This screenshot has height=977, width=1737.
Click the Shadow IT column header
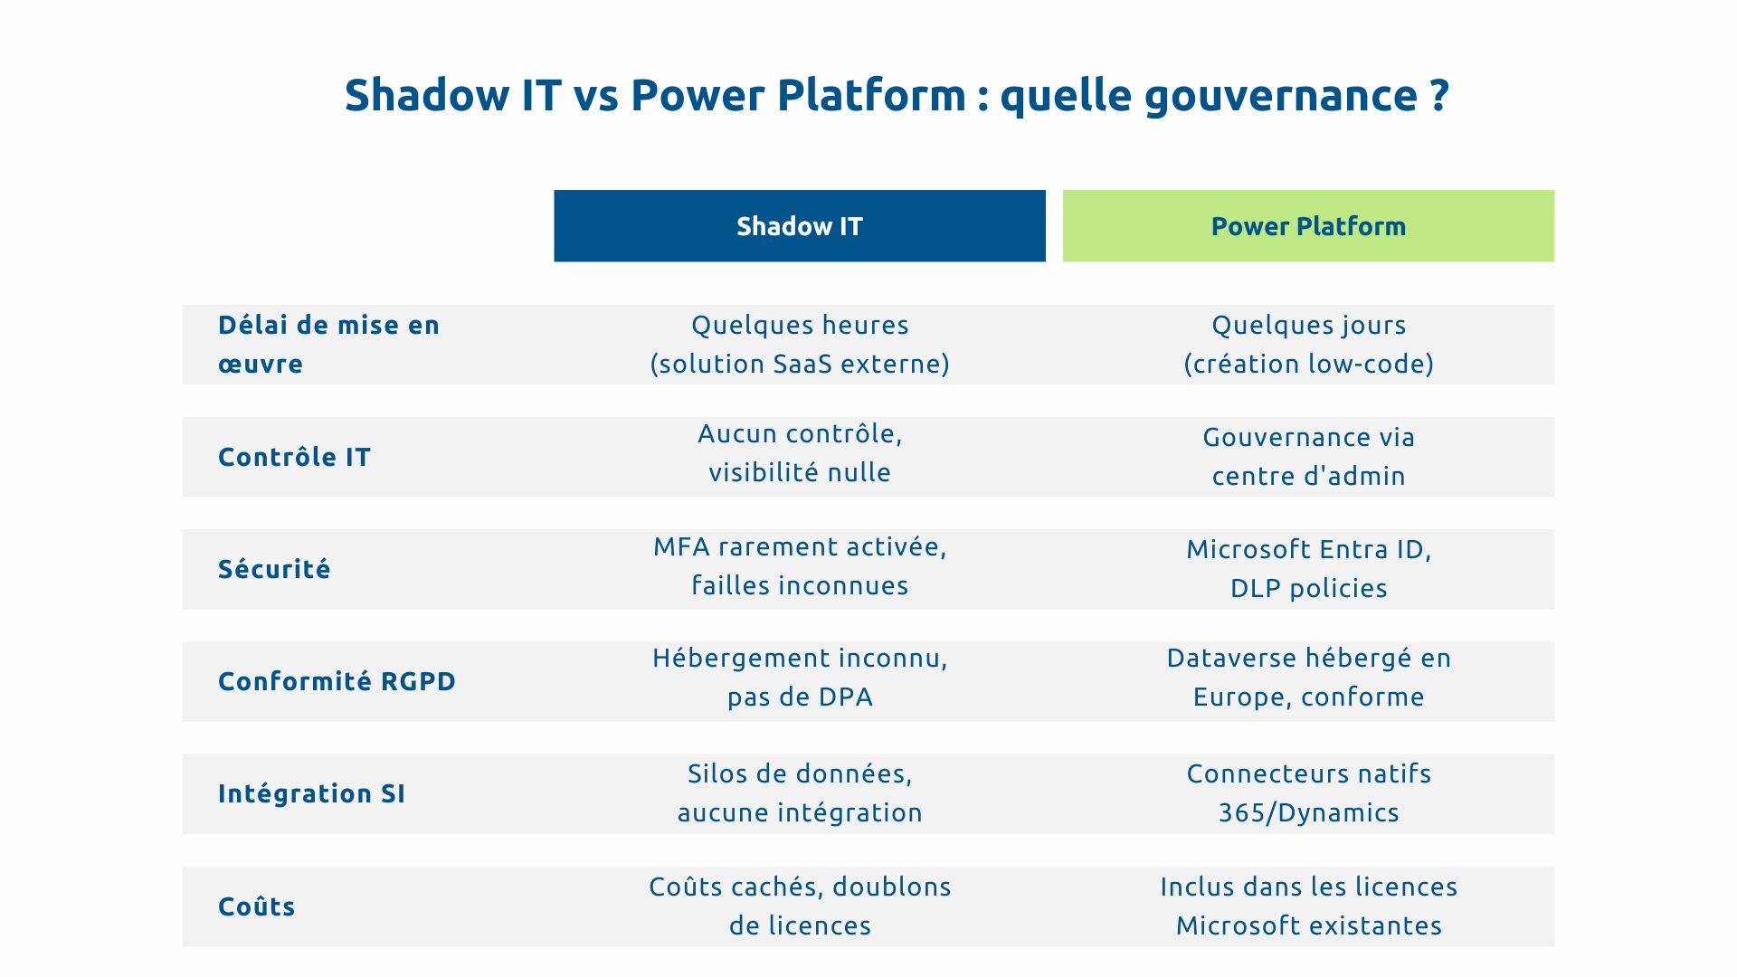(x=799, y=226)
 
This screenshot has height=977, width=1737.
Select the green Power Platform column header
(x=1308, y=226)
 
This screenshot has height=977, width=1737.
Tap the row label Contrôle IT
(x=294, y=457)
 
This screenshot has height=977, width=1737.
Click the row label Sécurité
(x=274, y=569)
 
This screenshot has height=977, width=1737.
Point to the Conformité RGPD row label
(x=337, y=681)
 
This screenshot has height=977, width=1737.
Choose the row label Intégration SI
(x=311, y=793)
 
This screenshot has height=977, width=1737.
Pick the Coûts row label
(x=256, y=906)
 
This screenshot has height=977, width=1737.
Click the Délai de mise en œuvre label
(x=327, y=344)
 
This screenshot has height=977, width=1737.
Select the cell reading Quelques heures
(x=800, y=344)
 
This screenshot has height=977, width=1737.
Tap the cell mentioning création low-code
(x=1308, y=345)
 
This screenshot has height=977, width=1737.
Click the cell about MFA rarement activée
(x=800, y=565)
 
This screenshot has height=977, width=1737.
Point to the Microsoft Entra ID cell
(x=1308, y=568)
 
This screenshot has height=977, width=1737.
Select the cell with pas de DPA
(x=800, y=678)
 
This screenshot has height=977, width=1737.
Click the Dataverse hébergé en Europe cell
(x=1308, y=678)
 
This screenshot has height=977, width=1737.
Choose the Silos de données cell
(x=800, y=792)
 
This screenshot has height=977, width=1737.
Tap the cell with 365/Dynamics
(x=1308, y=793)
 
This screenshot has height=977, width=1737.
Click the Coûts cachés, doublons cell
(x=800, y=906)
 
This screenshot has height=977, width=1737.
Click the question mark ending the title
(x=1440, y=96)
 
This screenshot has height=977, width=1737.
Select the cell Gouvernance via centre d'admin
(x=1308, y=456)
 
